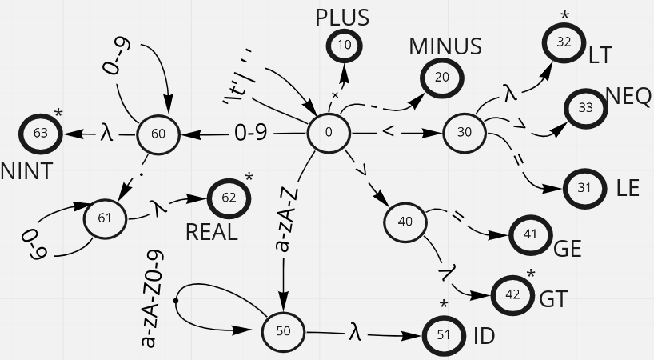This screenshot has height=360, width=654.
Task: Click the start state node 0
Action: click(x=329, y=133)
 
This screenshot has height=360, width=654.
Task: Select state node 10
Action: click(x=345, y=45)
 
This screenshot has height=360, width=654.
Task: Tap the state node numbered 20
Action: click(x=442, y=78)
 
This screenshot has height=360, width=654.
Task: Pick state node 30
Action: click(x=465, y=133)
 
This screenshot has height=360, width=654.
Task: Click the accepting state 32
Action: click(x=564, y=43)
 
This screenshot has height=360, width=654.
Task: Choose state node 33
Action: click(x=587, y=108)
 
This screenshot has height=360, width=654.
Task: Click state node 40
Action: click(x=406, y=221)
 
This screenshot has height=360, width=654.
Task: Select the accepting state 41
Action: click(x=529, y=235)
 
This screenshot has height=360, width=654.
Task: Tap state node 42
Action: click(x=513, y=294)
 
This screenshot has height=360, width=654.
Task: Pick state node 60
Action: click(x=158, y=134)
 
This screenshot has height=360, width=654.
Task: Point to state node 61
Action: click(x=105, y=218)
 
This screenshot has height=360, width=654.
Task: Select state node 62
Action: click(x=229, y=198)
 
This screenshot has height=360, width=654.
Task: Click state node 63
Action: click(x=42, y=133)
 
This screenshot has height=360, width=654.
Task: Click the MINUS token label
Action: click(x=445, y=46)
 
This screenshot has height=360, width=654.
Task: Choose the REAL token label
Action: click(x=211, y=232)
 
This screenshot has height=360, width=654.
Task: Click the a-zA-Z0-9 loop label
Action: click(x=151, y=300)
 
